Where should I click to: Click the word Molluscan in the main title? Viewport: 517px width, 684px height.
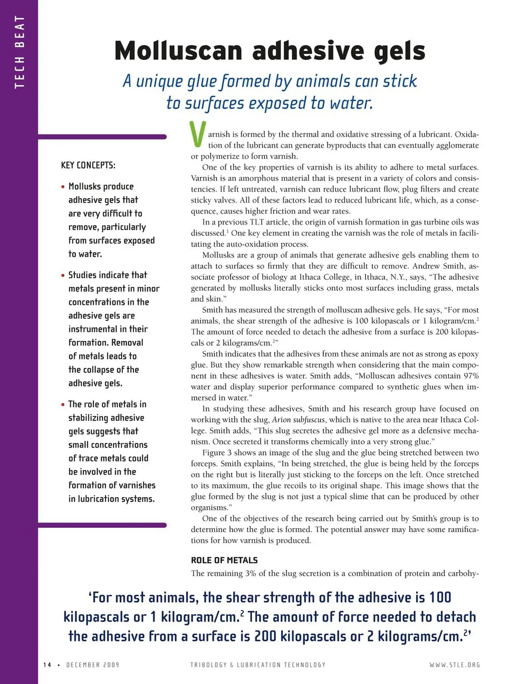(x=178, y=51)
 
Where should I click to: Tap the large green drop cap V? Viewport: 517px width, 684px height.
(x=198, y=135)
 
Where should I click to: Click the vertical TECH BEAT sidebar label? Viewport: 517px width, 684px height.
(x=19, y=52)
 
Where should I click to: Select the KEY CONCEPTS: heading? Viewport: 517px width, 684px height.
(x=88, y=165)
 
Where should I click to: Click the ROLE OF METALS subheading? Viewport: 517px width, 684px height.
(x=224, y=560)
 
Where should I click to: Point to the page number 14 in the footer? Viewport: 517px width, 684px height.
(x=47, y=665)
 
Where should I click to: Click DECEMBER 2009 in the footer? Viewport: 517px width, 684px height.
(x=93, y=665)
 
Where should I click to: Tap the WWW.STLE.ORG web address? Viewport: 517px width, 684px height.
(x=455, y=665)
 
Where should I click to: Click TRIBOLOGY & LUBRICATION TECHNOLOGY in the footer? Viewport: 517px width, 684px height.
(x=258, y=665)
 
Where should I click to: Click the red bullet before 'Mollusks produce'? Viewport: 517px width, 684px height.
(x=63, y=187)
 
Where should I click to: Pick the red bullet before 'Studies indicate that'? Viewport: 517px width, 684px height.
(x=63, y=275)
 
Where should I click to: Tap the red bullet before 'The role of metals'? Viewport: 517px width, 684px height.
(x=63, y=404)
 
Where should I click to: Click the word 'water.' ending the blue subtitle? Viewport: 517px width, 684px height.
(x=351, y=103)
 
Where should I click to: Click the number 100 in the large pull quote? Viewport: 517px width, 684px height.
(x=440, y=597)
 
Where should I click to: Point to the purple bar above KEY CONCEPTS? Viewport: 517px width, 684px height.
(x=102, y=137)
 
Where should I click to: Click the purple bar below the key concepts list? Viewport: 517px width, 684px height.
(x=102, y=525)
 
